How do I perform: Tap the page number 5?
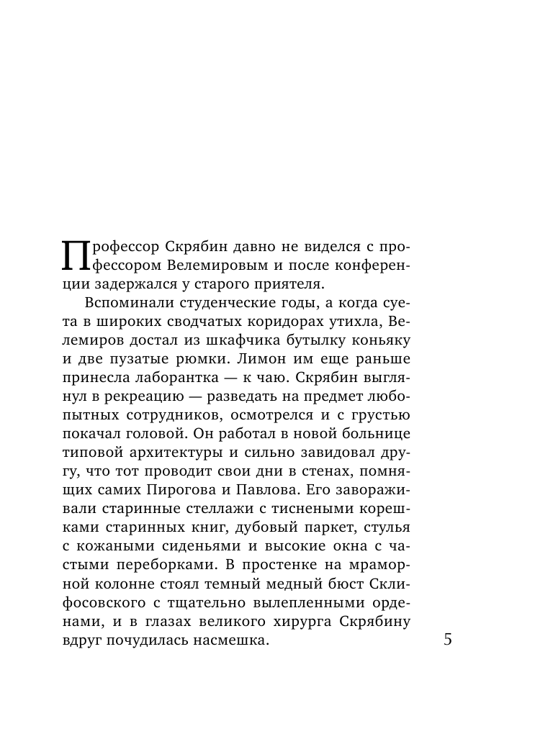tap(448, 640)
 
